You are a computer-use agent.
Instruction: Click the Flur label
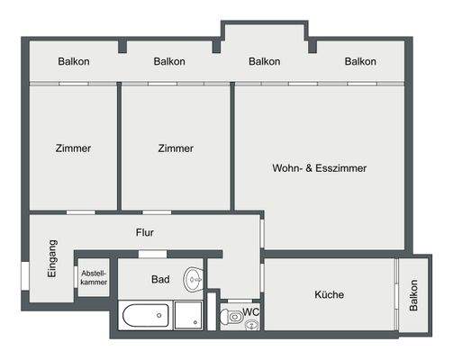point(145,232)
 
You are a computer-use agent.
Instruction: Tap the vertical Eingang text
point(52,258)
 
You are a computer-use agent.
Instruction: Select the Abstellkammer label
point(94,278)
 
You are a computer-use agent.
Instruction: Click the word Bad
point(160,280)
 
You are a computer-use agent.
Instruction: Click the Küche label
point(329,294)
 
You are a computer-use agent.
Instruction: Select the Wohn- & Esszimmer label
point(319,167)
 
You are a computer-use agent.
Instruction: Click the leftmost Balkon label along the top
point(73,62)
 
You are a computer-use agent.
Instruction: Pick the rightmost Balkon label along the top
point(359,62)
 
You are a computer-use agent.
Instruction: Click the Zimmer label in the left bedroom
point(72,148)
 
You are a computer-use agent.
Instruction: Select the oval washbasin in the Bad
point(193,280)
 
